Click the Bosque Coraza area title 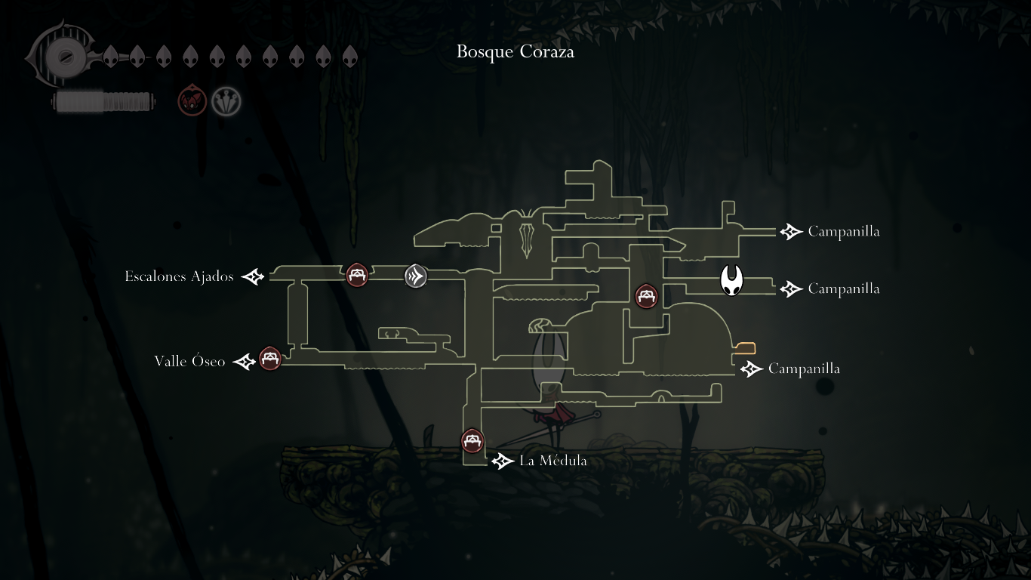(x=515, y=52)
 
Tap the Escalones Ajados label (x=180, y=276)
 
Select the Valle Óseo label (x=189, y=361)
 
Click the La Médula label (x=552, y=461)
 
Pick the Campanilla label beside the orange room (x=804, y=369)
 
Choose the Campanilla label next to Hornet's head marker (x=843, y=288)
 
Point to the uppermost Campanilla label (x=843, y=231)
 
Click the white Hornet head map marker (x=731, y=281)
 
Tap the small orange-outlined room (x=745, y=348)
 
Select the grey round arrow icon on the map (x=416, y=276)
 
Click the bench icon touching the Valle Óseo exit (x=270, y=358)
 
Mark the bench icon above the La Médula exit (x=472, y=440)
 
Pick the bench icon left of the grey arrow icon (x=357, y=275)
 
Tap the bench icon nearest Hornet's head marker (x=646, y=295)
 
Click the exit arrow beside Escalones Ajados (x=253, y=277)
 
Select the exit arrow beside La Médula (x=503, y=461)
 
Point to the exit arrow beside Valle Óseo (x=244, y=362)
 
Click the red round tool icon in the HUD (x=192, y=101)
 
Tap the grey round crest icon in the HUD (x=226, y=101)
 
